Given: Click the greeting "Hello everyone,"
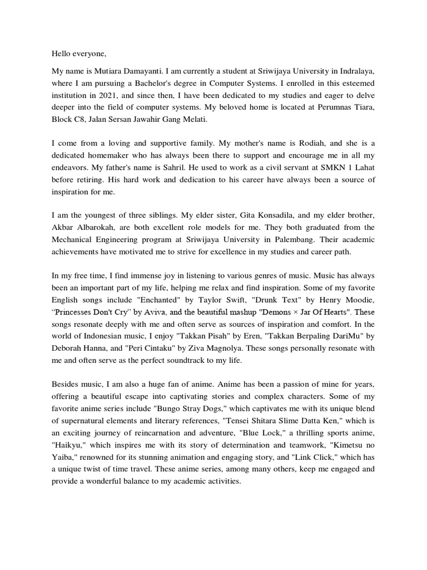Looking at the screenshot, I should pos(78,54).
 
